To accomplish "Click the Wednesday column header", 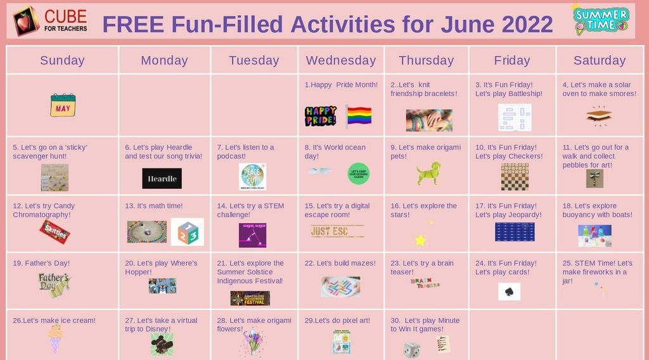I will tap(341, 60).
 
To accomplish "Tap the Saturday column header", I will tap(599, 60).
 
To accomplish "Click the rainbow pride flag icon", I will tap(359, 116).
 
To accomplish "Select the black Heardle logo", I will tap(162, 179).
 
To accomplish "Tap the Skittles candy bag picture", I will tap(55, 232).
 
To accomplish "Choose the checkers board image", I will tap(514, 177).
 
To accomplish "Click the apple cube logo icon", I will tap(26, 21).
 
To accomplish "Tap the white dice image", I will tap(412, 349).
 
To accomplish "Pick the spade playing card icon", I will tap(509, 292).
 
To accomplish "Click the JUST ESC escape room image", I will tap(337, 231).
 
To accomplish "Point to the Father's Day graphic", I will tap(54, 284).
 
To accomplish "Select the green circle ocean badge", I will tap(358, 173).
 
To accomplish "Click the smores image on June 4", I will tap(598, 115).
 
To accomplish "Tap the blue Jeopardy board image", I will tap(514, 232).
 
